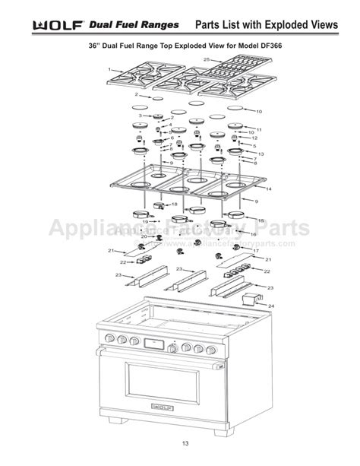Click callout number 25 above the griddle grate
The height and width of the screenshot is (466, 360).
pyautogui.click(x=207, y=59)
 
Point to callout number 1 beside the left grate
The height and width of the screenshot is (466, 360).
pyautogui.click(x=109, y=70)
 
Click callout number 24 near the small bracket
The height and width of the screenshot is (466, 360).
pyautogui.click(x=271, y=306)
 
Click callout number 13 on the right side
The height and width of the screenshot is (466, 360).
pyautogui.click(x=261, y=154)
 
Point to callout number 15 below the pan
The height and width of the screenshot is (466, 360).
pyautogui.click(x=261, y=220)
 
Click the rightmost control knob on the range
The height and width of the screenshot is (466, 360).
pyautogui.click(x=211, y=348)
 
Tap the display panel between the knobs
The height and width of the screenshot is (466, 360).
pyautogui.click(x=155, y=344)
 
